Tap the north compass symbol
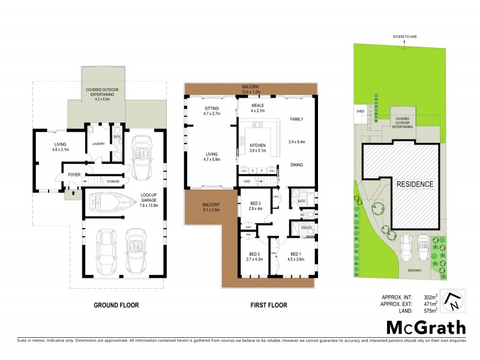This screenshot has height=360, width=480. click(455, 300)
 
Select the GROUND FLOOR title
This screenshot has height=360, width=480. click(116, 305)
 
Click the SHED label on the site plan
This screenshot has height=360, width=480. click(360, 111)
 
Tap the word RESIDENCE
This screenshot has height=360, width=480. click(414, 184)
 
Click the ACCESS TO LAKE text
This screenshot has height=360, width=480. click(404, 37)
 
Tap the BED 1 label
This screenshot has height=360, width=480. click(294, 256)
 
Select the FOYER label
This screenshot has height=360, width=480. click(74, 175)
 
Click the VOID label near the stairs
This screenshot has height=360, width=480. click(247, 181)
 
